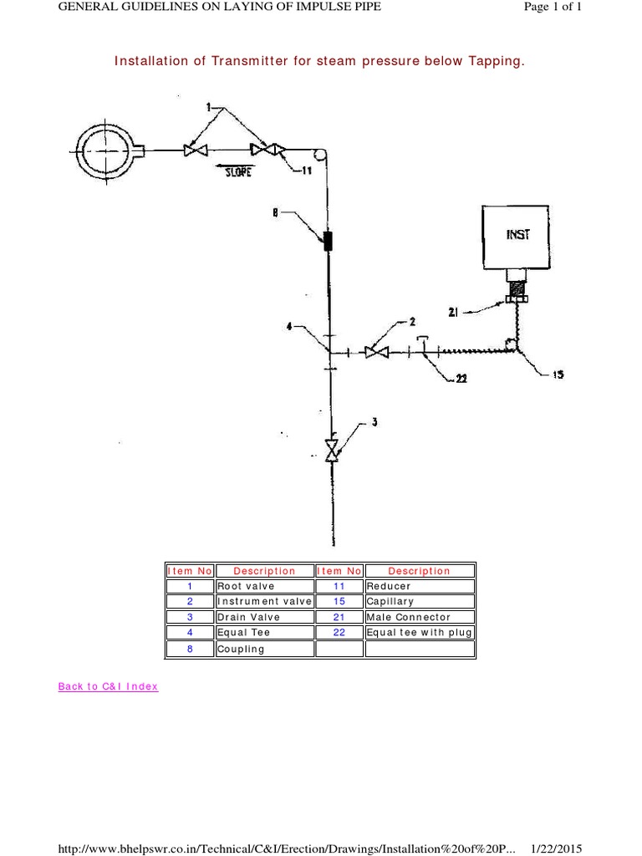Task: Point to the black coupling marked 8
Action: pyautogui.click(x=329, y=241)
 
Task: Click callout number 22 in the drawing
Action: pyautogui.click(x=460, y=379)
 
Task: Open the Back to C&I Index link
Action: pyautogui.click(x=108, y=686)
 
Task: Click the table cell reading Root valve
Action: pyautogui.click(x=264, y=586)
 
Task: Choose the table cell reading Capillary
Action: pyautogui.click(x=419, y=601)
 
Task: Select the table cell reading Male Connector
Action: pyautogui.click(x=419, y=617)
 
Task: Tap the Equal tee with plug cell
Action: pyautogui.click(x=419, y=633)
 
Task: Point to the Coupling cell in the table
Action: pyautogui.click(x=264, y=649)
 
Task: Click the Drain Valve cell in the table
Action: pyautogui.click(x=264, y=617)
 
